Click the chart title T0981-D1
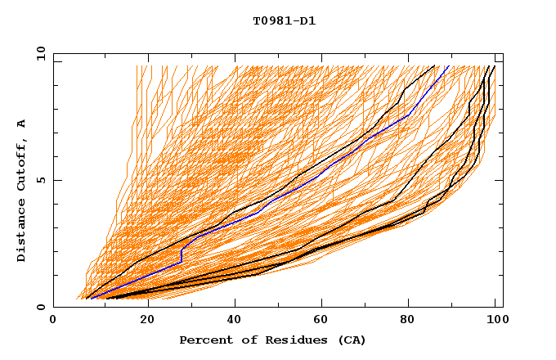(284, 21)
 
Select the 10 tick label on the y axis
(38, 53)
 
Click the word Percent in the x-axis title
(205, 340)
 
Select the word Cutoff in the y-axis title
(21, 164)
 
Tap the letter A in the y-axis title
(21, 124)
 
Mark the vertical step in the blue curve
(181, 254)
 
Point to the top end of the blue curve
(448, 66)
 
